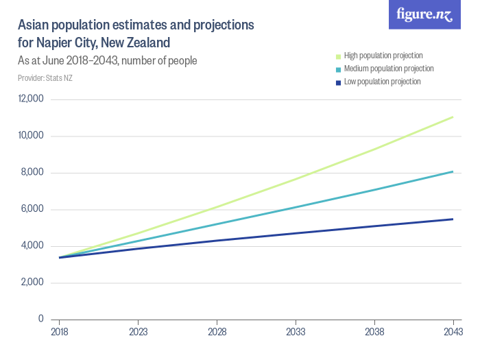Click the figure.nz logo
coord(424,15)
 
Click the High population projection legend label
coord(383,56)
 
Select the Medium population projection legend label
coord(388,69)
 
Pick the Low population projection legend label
coord(382,82)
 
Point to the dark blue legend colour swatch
coord(337,82)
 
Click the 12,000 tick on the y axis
coord(30,99)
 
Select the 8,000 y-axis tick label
coord(32,172)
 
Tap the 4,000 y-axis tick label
coord(32,245)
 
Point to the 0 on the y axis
coord(41,319)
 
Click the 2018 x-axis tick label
coord(60,331)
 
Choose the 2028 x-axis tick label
coord(217,331)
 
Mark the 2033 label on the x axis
coord(296,331)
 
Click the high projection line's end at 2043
coord(453,117)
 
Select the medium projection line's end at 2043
coord(453,171)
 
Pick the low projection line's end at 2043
coord(453,219)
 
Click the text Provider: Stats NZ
coord(45,78)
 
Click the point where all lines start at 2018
coord(60,257)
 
